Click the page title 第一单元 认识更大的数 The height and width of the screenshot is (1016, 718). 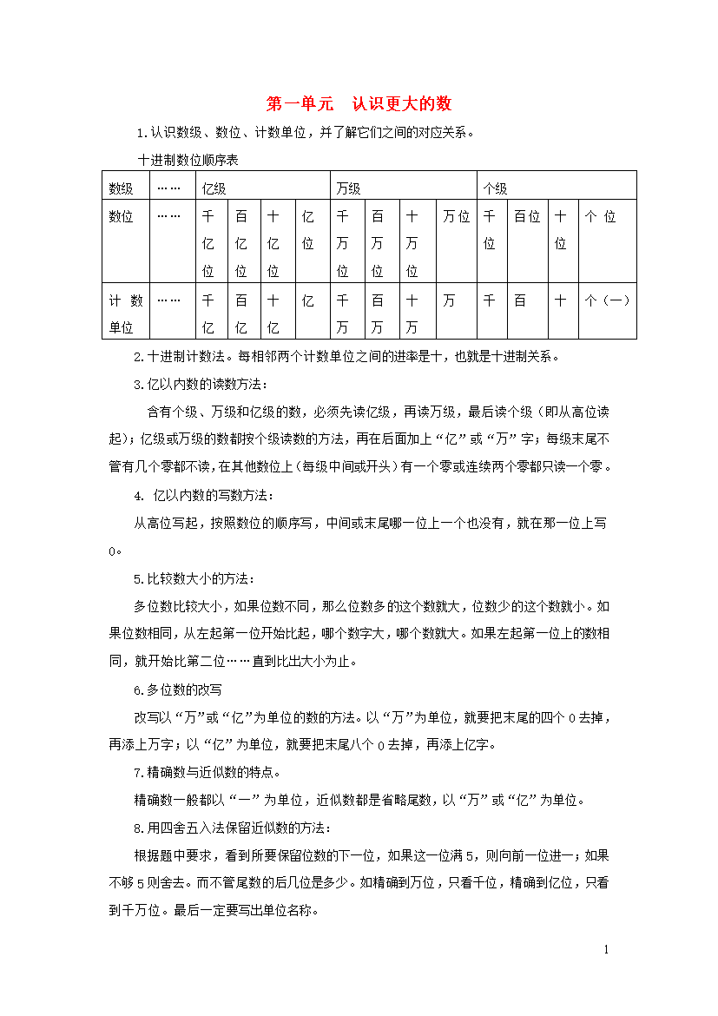(359, 104)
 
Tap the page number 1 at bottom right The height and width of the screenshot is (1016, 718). (607, 950)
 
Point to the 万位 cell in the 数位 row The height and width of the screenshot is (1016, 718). (456, 217)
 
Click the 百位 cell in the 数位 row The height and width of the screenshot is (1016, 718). (527, 217)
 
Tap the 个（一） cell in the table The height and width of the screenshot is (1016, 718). (607, 301)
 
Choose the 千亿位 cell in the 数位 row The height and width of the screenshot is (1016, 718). (208, 243)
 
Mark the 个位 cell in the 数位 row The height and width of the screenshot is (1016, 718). (600, 217)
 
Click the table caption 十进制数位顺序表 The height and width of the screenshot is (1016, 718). (188, 161)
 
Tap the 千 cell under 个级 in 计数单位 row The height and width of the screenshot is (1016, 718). (490, 301)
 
